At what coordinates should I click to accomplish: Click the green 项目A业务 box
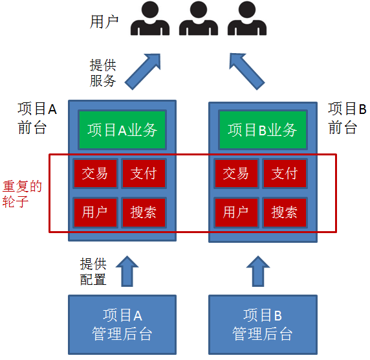pos(122,129)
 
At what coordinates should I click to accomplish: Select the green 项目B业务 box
pos(263,129)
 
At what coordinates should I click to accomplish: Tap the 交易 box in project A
pos(95,173)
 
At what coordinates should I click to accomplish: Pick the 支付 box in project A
pos(144,173)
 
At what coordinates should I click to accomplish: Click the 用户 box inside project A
pos(95,212)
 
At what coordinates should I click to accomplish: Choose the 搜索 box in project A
pos(144,212)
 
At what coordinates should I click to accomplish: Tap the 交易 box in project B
pos(235,173)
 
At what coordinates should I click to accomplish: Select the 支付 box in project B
pos(284,173)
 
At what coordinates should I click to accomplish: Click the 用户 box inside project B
pos(235,212)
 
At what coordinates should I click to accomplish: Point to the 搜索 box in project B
pos(284,212)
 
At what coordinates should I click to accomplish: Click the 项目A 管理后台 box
pos(122,324)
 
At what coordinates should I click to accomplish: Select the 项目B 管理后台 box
pos(263,324)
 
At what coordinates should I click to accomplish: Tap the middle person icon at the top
pos(198,19)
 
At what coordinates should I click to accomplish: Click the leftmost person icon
pos(151,19)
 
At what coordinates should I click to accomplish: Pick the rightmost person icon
pos(246,19)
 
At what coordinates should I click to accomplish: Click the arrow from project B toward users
pos(248,71)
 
